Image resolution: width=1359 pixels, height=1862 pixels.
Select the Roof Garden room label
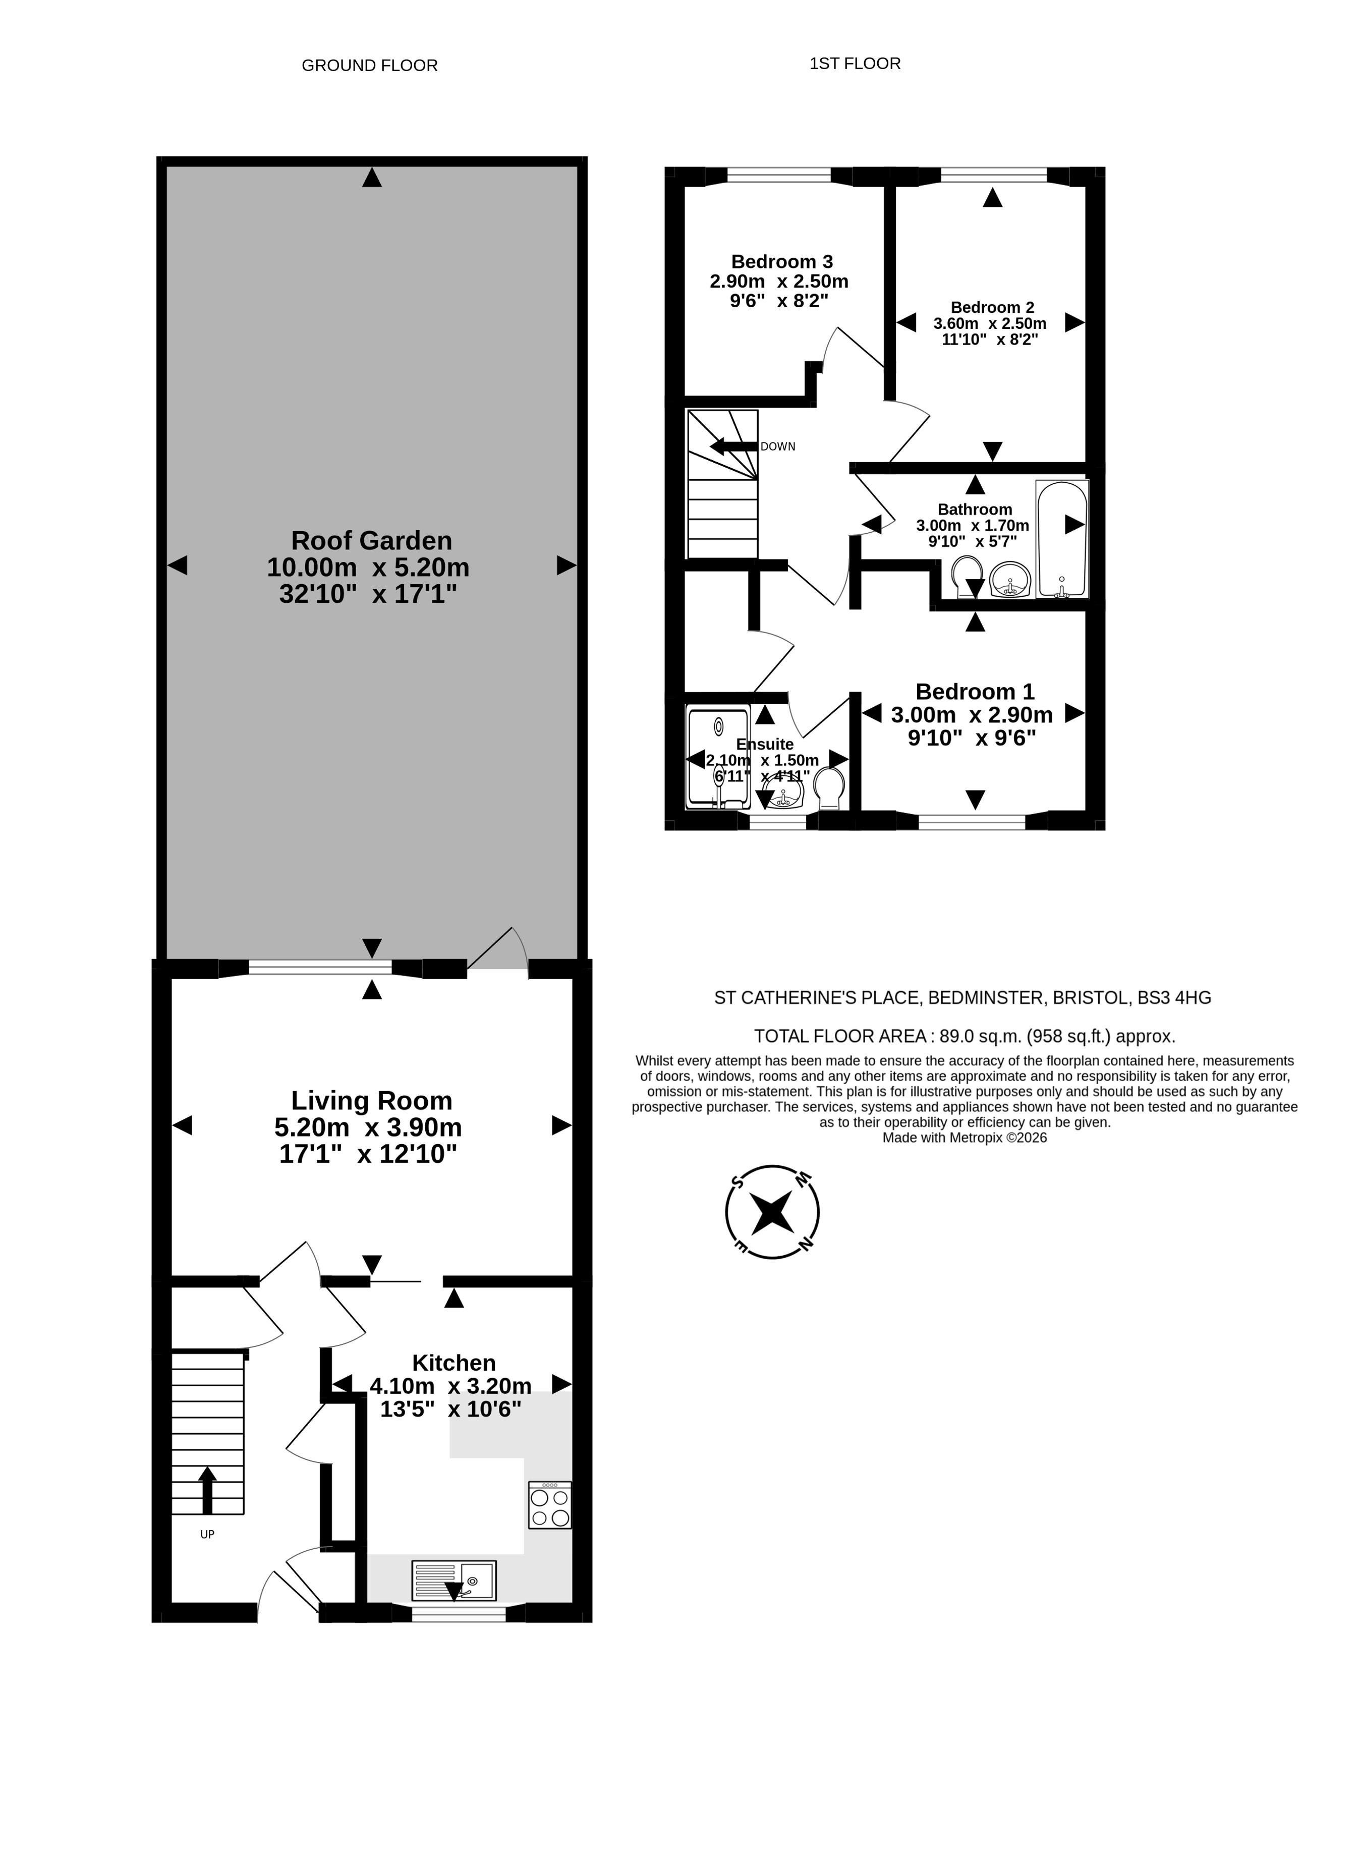click(372, 540)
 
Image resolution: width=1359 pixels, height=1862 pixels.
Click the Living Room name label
click(372, 1100)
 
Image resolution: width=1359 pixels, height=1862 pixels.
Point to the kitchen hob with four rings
click(549, 1505)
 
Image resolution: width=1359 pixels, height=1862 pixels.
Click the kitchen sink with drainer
click(454, 1581)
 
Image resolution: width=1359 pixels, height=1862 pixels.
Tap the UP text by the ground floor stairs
click(207, 1535)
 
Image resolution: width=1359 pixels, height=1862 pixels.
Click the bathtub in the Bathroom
click(1062, 539)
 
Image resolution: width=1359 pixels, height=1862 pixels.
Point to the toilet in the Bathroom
click(969, 577)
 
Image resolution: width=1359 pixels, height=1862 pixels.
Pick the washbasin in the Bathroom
click(1010, 580)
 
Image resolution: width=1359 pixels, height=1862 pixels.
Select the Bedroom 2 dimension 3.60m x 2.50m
click(990, 323)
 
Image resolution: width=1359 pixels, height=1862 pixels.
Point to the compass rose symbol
click(772, 1211)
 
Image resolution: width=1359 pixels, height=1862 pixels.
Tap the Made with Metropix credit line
click(964, 1138)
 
